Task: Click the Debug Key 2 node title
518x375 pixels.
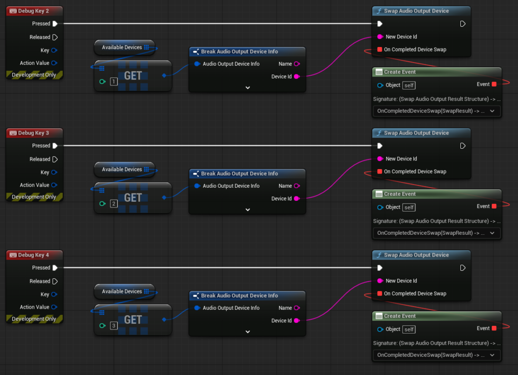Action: (33, 11)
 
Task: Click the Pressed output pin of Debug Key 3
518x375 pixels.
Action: (55, 146)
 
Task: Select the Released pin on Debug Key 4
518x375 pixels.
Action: (55, 281)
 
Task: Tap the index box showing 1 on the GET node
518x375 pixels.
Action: (114, 81)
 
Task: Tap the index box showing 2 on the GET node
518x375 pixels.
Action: (114, 203)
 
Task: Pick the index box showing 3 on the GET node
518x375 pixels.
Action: (114, 326)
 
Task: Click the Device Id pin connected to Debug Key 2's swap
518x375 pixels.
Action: (296, 76)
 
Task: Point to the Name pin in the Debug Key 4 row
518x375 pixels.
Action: (296, 308)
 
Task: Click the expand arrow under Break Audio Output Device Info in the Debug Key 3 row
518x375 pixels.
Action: (248, 210)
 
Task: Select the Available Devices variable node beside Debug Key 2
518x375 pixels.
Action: (124, 48)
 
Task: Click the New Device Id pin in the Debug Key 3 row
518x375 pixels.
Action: (380, 159)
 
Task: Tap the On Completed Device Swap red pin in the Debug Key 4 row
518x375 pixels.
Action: (379, 294)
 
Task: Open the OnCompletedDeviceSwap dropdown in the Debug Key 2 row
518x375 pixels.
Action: (437, 111)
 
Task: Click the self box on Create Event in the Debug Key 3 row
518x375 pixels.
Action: (409, 207)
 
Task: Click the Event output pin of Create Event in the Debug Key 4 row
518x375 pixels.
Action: (494, 328)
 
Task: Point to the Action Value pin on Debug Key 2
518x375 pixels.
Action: (54, 63)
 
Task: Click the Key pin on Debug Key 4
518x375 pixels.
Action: (54, 295)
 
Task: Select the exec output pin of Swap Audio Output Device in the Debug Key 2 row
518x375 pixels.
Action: (463, 24)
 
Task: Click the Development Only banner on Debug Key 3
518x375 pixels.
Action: (34, 197)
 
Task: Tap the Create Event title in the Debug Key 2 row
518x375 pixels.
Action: (400, 72)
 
